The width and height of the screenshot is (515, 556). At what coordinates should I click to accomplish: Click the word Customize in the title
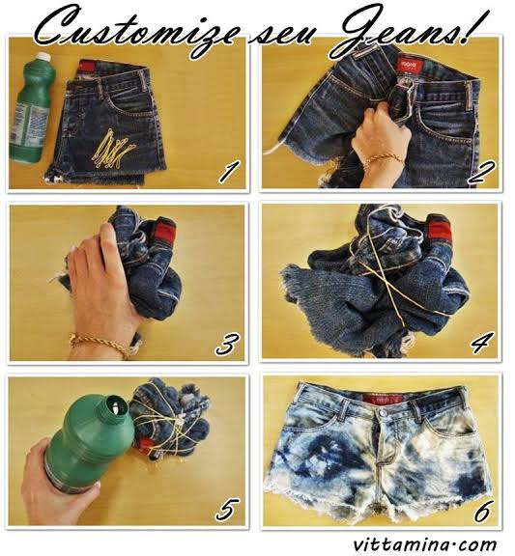click(x=135, y=29)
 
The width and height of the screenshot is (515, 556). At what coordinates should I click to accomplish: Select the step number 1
click(x=228, y=172)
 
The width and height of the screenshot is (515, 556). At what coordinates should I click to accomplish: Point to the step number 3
click(x=227, y=344)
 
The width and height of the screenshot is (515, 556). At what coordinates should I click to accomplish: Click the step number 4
click(x=481, y=343)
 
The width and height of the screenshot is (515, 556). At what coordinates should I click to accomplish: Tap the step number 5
click(x=227, y=511)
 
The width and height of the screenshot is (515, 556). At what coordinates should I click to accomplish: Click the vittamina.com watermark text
click(x=424, y=543)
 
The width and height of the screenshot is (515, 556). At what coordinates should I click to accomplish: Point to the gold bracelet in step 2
click(x=384, y=159)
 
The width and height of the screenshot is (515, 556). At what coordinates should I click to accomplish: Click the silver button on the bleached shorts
click(x=382, y=413)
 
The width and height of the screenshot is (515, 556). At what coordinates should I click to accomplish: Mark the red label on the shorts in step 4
click(x=440, y=227)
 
